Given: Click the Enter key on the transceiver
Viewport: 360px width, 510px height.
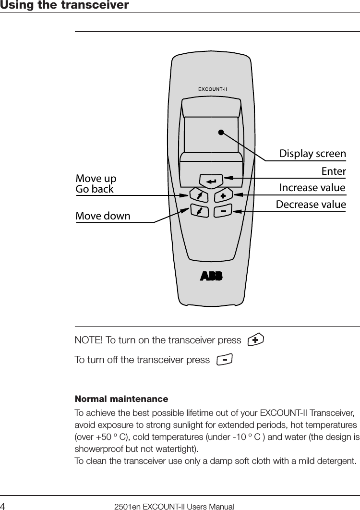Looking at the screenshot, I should coord(212,181).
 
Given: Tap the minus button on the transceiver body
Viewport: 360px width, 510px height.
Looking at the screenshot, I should coord(223,211).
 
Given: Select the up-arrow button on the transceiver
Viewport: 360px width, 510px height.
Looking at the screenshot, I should coord(199,195).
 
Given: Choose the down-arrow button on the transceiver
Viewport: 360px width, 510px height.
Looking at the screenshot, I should coord(199,211).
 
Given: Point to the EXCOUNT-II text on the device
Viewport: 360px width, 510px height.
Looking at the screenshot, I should coord(213,88).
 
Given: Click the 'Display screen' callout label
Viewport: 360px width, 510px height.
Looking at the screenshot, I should coord(312,154).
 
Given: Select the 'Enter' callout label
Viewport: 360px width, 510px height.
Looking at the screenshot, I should coord(333,171).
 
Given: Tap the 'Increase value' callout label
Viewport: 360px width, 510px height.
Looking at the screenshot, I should coord(312,187).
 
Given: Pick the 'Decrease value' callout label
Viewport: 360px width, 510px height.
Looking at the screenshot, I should coord(311,205).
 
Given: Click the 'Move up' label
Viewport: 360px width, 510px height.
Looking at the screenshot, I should coord(96,179).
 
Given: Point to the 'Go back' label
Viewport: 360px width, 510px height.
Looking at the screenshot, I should coord(95,189).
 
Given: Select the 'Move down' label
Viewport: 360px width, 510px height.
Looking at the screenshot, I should coord(103,216).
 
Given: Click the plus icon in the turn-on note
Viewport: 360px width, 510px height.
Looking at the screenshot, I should coord(255,340).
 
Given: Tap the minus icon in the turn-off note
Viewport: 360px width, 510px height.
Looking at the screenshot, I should coord(224,359).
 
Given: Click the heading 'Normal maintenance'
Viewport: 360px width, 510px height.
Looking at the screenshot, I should coord(121,399).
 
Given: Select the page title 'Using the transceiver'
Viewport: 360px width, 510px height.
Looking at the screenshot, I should coord(64,5).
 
